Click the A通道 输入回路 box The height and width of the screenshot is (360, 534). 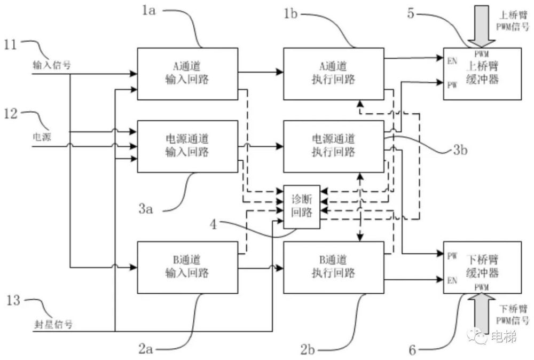click(x=187, y=74)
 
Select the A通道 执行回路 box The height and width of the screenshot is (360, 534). click(x=333, y=74)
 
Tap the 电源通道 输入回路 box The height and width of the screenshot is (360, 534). click(x=187, y=146)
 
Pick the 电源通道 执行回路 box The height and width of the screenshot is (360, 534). click(x=333, y=146)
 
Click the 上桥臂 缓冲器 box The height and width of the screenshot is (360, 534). click(x=482, y=73)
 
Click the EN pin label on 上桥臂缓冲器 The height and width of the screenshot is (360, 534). click(x=452, y=61)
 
